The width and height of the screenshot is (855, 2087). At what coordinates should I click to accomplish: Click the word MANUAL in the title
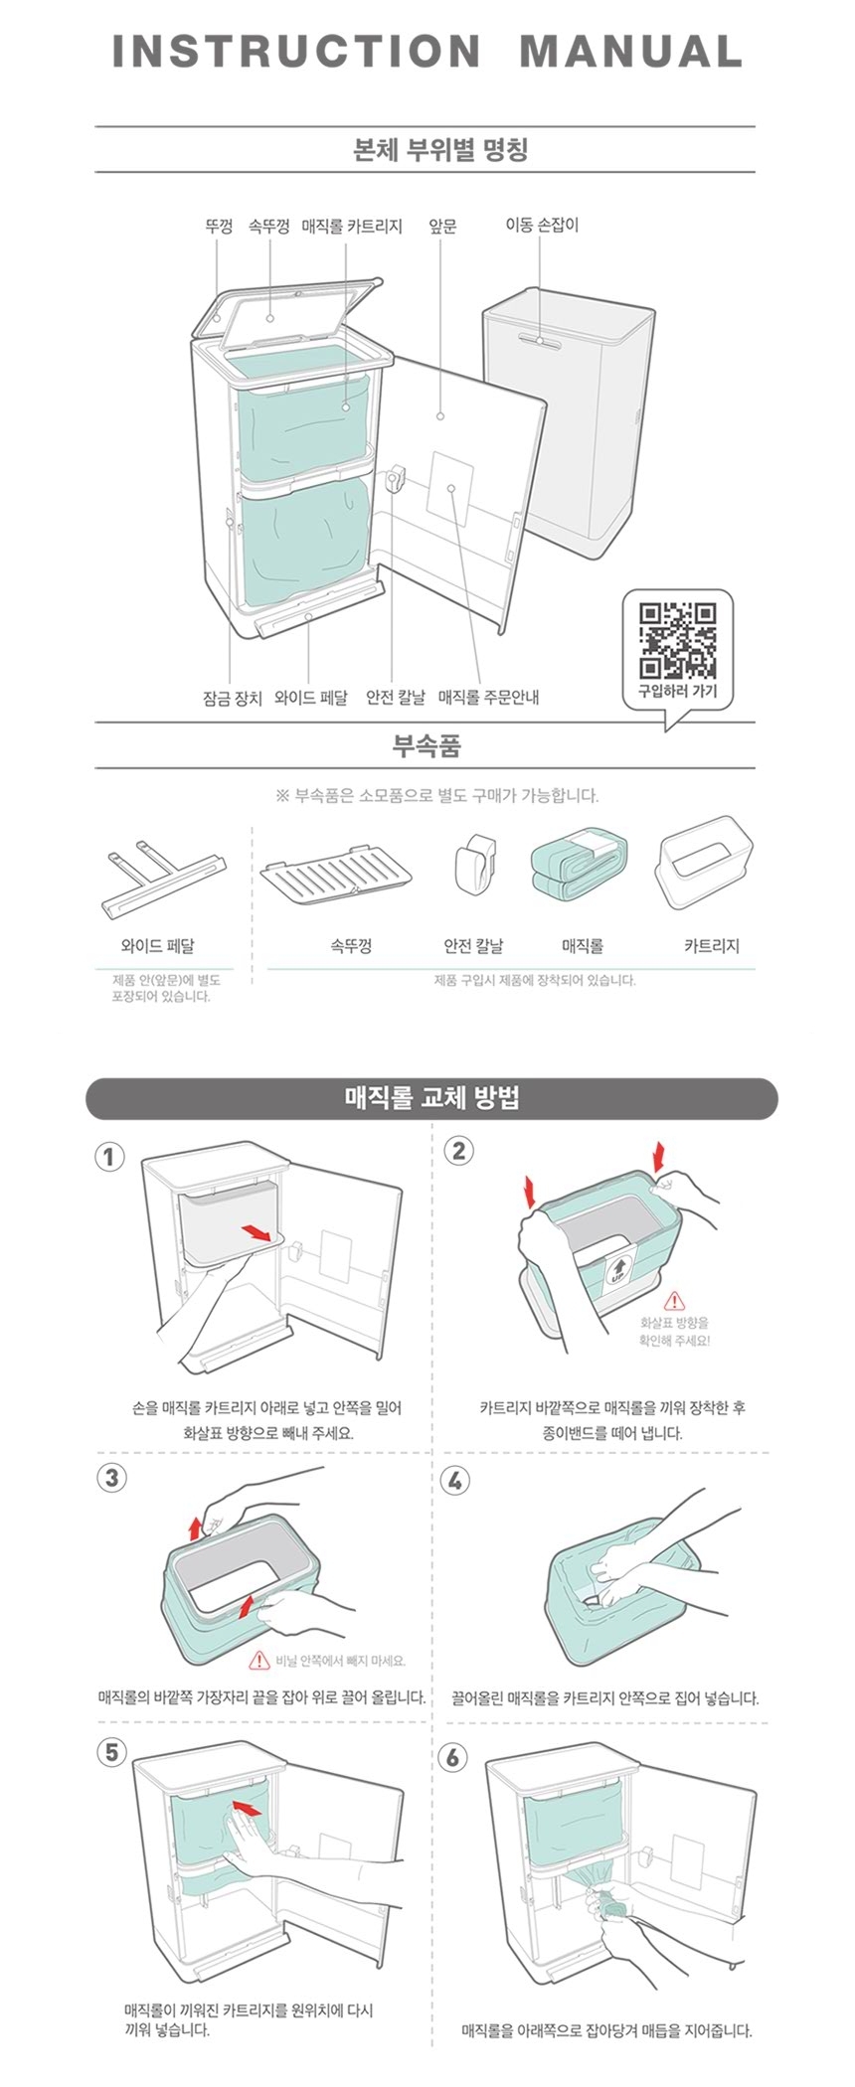coord(631,52)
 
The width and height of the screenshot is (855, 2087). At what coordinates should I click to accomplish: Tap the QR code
coord(677,639)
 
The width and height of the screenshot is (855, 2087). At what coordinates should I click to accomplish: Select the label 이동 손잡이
coord(542,226)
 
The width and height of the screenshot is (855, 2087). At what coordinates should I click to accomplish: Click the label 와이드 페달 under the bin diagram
coord(311,698)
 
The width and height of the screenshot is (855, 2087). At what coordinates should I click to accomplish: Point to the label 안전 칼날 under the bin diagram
coord(396,698)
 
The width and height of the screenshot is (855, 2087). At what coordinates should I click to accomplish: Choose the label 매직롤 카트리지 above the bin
coord(352,227)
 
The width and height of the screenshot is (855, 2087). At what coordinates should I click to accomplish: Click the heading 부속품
coord(427,746)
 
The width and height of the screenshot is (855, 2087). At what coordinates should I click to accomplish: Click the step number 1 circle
coord(110,1157)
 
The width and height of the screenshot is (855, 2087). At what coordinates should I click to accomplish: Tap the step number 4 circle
coord(454,1480)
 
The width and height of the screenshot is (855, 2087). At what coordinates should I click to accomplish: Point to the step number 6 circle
coord(452,1756)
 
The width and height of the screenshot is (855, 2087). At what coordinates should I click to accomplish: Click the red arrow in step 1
coord(257,1232)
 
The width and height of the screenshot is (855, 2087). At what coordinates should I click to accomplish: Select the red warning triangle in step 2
coord(674,1300)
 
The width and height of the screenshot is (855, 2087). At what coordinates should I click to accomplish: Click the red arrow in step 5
coord(248,1807)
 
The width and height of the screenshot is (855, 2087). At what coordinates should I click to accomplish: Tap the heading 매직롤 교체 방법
coord(431,1098)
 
